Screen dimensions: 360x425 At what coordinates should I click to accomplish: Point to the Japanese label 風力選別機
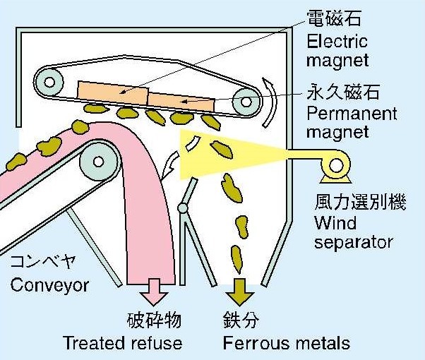pos(350,203)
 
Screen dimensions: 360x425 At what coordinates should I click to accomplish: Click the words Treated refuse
pos(122,343)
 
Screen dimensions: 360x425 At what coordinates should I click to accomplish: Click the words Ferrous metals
pos(286,343)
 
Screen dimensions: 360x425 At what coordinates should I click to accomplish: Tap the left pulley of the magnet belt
pos(49,82)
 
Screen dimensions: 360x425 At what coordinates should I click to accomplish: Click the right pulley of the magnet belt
pos(245,102)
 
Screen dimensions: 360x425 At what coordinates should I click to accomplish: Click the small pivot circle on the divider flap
pos(184,208)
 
